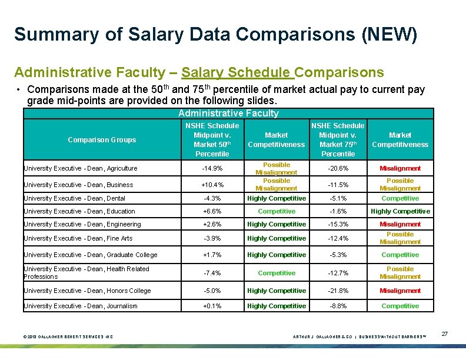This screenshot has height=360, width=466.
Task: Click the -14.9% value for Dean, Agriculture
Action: pyautogui.click(x=212, y=168)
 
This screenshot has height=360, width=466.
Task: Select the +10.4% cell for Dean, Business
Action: pyautogui.click(x=212, y=185)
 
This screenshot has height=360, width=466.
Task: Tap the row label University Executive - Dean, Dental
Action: pyautogui.click(x=74, y=198)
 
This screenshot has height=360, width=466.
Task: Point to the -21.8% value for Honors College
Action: pyautogui.click(x=338, y=291)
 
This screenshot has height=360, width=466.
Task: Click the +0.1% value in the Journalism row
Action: pyautogui.click(x=212, y=306)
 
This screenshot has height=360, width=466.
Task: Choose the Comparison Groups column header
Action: pyautogui.click(x=102, y=140)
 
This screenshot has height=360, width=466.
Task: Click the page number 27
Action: pyautogui.click(x=445, y=334)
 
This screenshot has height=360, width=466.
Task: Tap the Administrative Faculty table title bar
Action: pyautogui.click(x=228, y=114)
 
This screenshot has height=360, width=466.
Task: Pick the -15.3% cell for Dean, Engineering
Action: pyautogui.click(x=338, y=224)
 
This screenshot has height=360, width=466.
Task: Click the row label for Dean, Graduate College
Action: pyautogui.click(x=90, y=255)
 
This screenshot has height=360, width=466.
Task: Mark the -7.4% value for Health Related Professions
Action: pyautogui.click(x=212, y=273)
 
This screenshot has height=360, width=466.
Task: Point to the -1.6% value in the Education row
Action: pyautogui.click(x=338, y=211)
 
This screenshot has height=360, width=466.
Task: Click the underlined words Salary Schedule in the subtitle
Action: pyautogui.click(x=237, y=72)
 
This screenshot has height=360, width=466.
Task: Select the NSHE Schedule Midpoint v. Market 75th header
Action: pyautogui.click(x=338, y=139)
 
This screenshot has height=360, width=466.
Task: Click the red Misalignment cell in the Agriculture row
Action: pyautogui.click(x=400, y=168)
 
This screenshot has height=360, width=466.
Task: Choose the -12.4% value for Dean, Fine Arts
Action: pyautogui.click(x=338, y=238)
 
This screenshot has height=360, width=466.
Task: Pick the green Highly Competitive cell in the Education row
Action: pyautogui.click(x=400, y=211)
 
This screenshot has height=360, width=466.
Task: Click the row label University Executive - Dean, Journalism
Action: pyautogui.click(x=80, y=306)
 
